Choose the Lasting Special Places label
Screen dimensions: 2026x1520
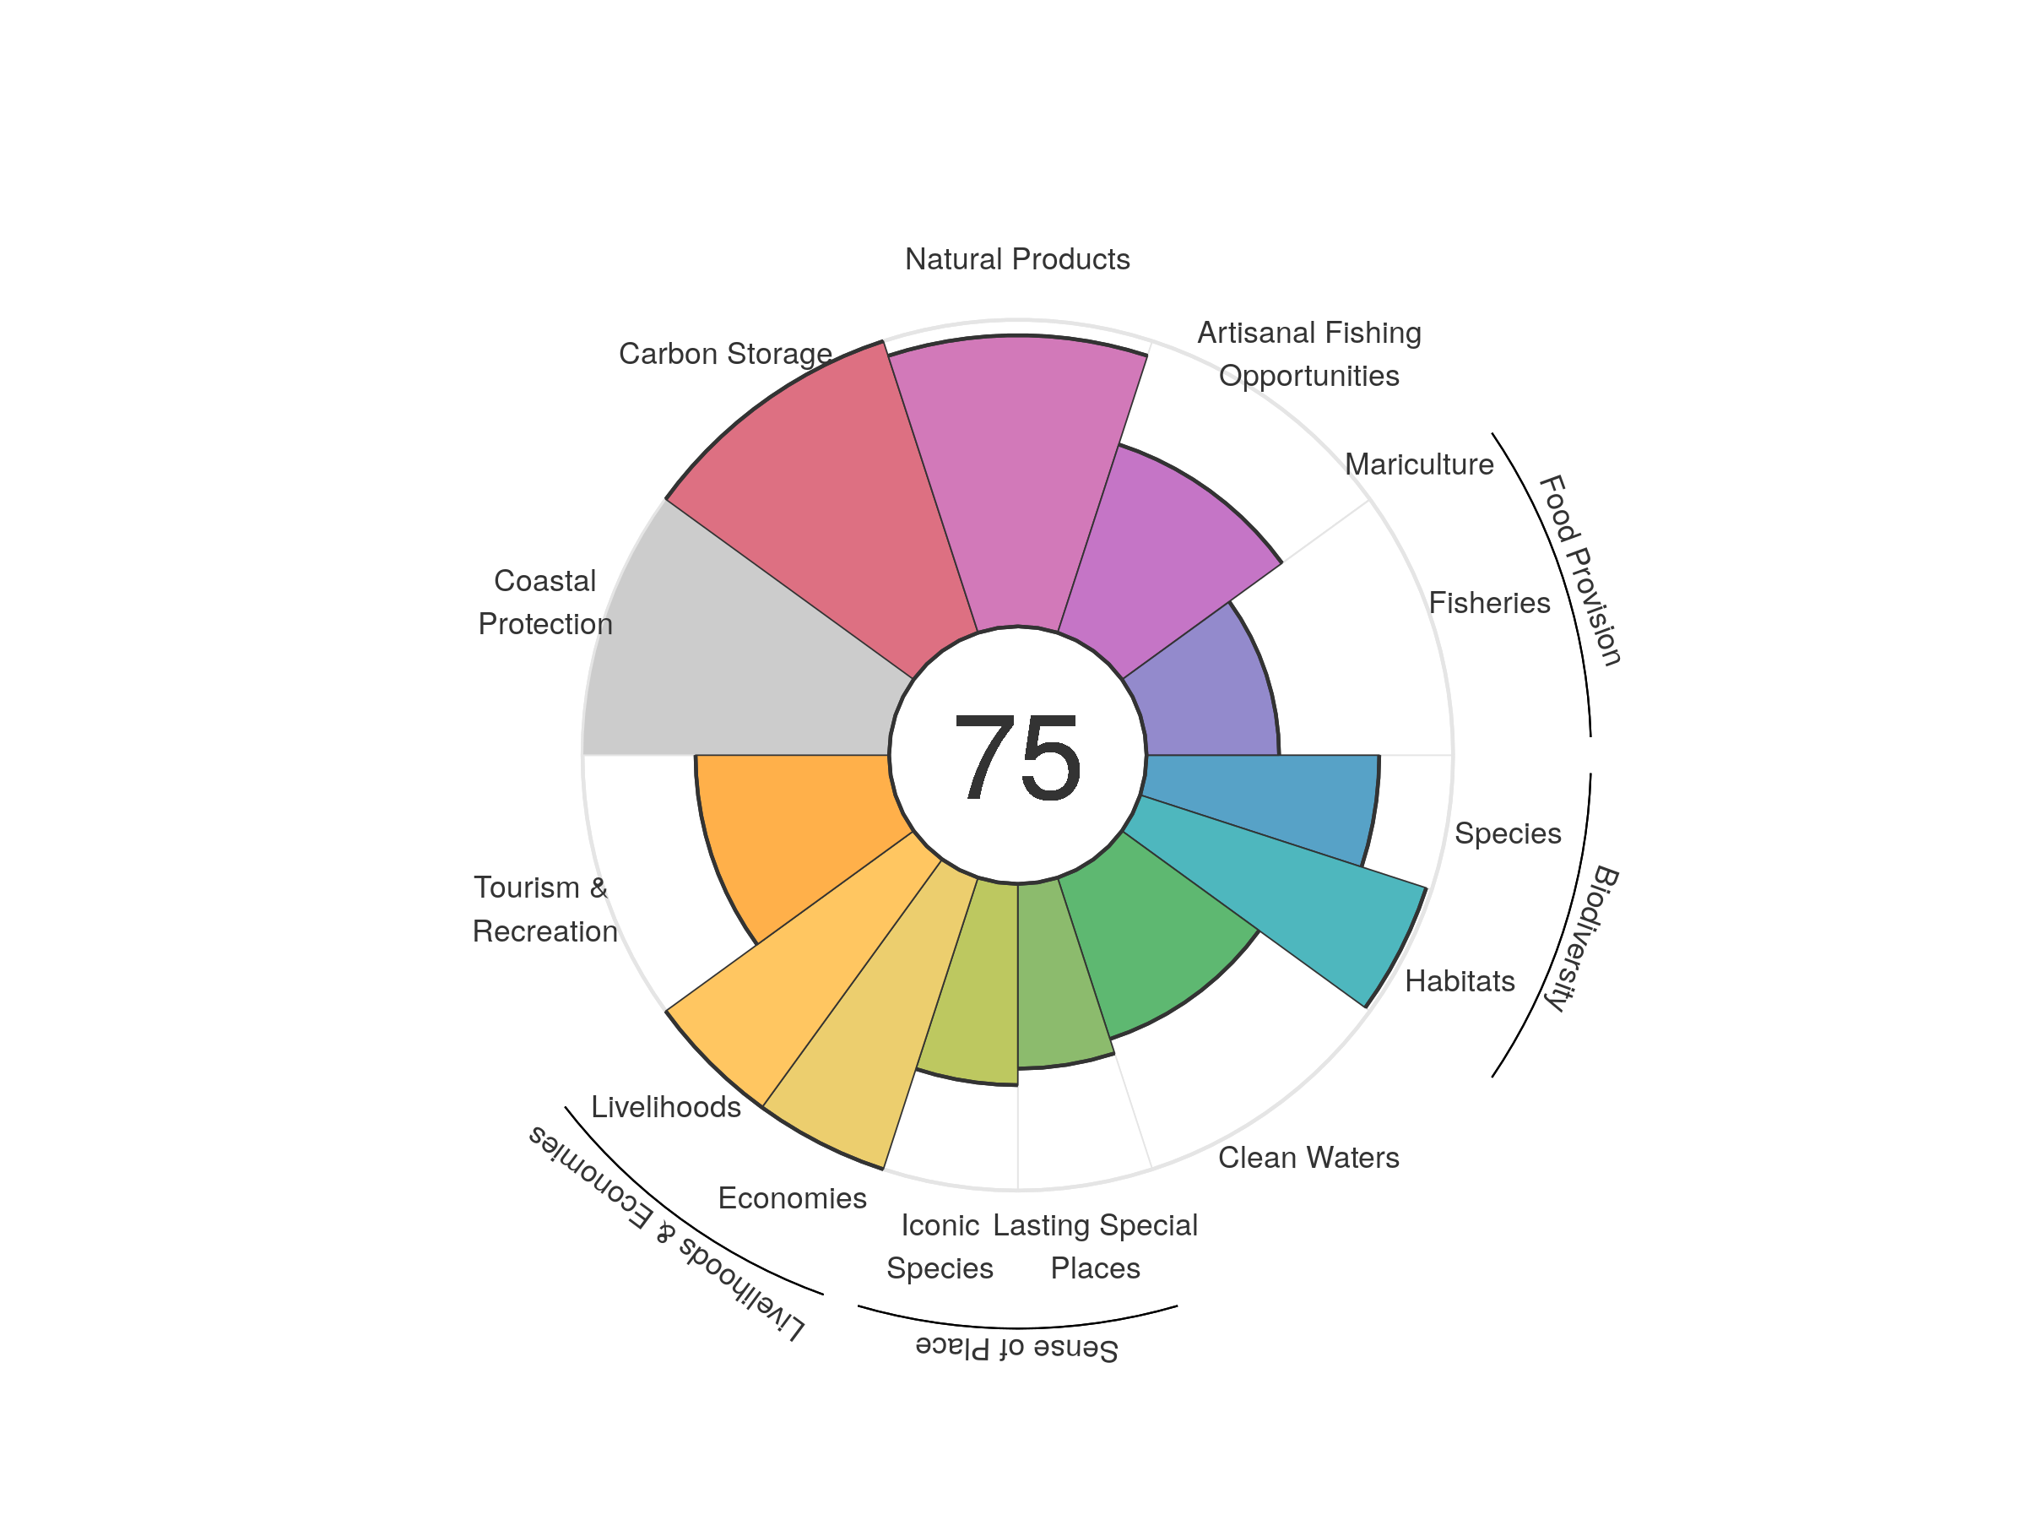tap(1096, 1246)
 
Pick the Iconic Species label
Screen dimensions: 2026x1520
tap(940, 1246)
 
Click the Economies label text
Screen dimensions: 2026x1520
tap(793, 1197)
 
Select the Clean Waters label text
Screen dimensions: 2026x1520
tap(1308, 1157)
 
